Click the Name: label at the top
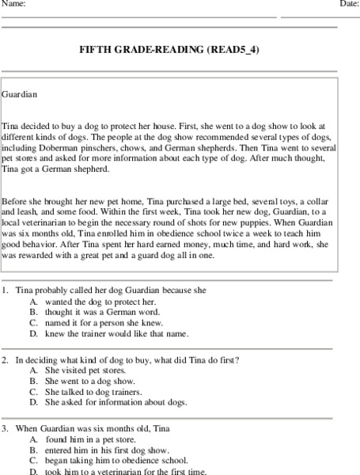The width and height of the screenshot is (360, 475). tap(14, 4)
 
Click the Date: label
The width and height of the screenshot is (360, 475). tap(349, 4)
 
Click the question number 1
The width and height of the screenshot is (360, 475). tap(6, 291)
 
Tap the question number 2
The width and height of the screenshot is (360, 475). tap(6, 359)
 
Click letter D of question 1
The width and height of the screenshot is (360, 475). tap(33, 333)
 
